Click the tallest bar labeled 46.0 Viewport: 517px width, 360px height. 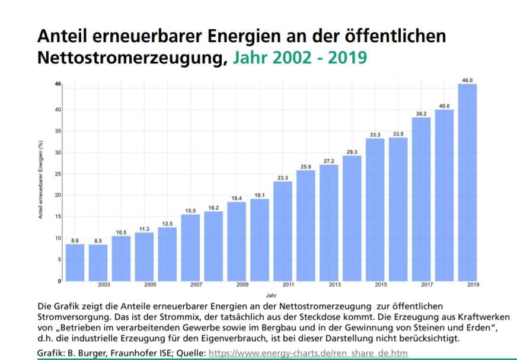tap(467, 182)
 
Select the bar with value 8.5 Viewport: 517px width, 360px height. tap(98, 262)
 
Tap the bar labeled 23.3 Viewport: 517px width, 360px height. tap(283, 231)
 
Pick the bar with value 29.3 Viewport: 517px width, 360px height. tap(352, 218)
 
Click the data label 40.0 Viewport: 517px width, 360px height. tap(444, 106)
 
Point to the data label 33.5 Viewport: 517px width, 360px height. tap(398, 133)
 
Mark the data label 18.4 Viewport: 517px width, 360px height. tap(237, 198)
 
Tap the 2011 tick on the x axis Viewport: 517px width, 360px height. tap(288, 285)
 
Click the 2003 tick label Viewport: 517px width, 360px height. tap(104, 285)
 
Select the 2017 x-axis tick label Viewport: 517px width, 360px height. tap(427, 285)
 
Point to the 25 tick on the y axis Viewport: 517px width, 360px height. tap(58, 174)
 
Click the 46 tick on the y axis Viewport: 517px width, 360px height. tap(58, 84)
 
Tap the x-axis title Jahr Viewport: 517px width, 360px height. tap(270, 294)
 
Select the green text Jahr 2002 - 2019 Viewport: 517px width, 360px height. tap(299, 58)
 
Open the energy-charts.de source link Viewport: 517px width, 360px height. tap(308, 353)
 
